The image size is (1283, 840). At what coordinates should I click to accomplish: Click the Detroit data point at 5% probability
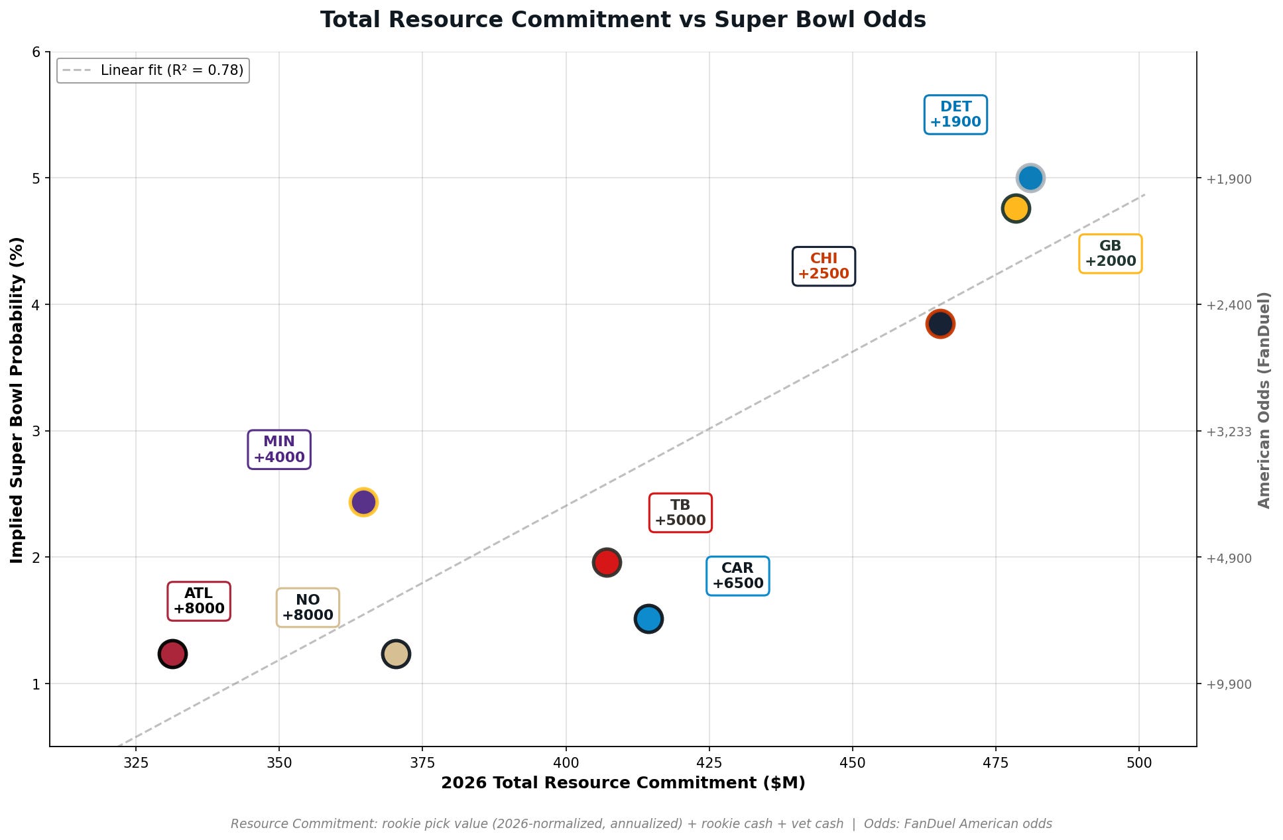point(1030,178)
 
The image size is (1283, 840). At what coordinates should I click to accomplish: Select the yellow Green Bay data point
point(1015,208)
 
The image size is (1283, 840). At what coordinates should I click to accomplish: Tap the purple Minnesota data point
point(363,502)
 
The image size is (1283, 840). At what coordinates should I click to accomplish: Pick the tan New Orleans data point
point(396,654)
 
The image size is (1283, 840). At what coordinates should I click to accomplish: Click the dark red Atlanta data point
point(172,654)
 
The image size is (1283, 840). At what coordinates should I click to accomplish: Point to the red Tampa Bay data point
point(607,562)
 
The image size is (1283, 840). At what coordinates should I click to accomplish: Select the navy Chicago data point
point(940,324)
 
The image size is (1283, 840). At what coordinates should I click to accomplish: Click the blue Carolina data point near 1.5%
point(648,619)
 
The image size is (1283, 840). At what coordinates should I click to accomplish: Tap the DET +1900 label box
point(955,115)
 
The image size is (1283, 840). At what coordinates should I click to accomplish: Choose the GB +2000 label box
point(1111,254)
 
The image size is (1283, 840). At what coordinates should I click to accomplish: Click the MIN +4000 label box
point(279,450)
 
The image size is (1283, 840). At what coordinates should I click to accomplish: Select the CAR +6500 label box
point(738,576)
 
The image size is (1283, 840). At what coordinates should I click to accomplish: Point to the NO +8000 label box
point(308,607)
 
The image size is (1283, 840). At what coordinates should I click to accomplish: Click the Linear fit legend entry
point(153,70)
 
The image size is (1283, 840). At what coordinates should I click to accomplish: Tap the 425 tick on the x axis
point(709,762)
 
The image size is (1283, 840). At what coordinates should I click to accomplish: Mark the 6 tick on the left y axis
point(36,52)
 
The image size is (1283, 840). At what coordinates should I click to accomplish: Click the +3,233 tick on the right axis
point(1229,432)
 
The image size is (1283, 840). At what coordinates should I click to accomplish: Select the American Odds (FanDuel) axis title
point(1264,400)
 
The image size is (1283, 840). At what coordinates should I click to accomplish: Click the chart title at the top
point(623,20)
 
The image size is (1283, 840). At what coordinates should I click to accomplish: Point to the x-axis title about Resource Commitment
point(623,783)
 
